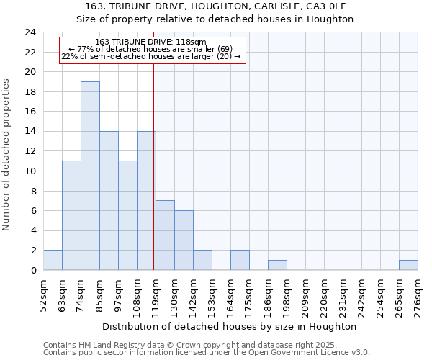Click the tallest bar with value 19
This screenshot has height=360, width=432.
pyautogui.click(x=90, y=176)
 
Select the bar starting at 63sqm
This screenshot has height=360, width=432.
pyautogui.click(x=71, y=215)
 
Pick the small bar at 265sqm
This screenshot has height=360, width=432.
pyautogui.click(x=408, y=265)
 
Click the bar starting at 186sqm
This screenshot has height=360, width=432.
pyautogui.click(x=277, y=265)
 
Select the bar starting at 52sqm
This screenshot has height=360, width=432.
pyautogui.click(x=53, y=260)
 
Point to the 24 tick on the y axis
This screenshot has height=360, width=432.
pyautogui.click(x=30, y=32)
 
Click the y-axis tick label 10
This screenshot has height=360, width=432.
pyautogui.click(x=30, y=171)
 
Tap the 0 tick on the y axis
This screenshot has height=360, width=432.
pyautogui.click(x=33, y=271)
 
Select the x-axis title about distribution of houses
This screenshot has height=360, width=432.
pyautogui.click(x=230, y=326)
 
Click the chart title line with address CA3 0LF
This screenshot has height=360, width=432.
pyautogui.click(x=215, y=6)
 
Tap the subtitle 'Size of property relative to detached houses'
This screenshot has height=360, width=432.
pyautogui.click(x=215, y=19)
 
